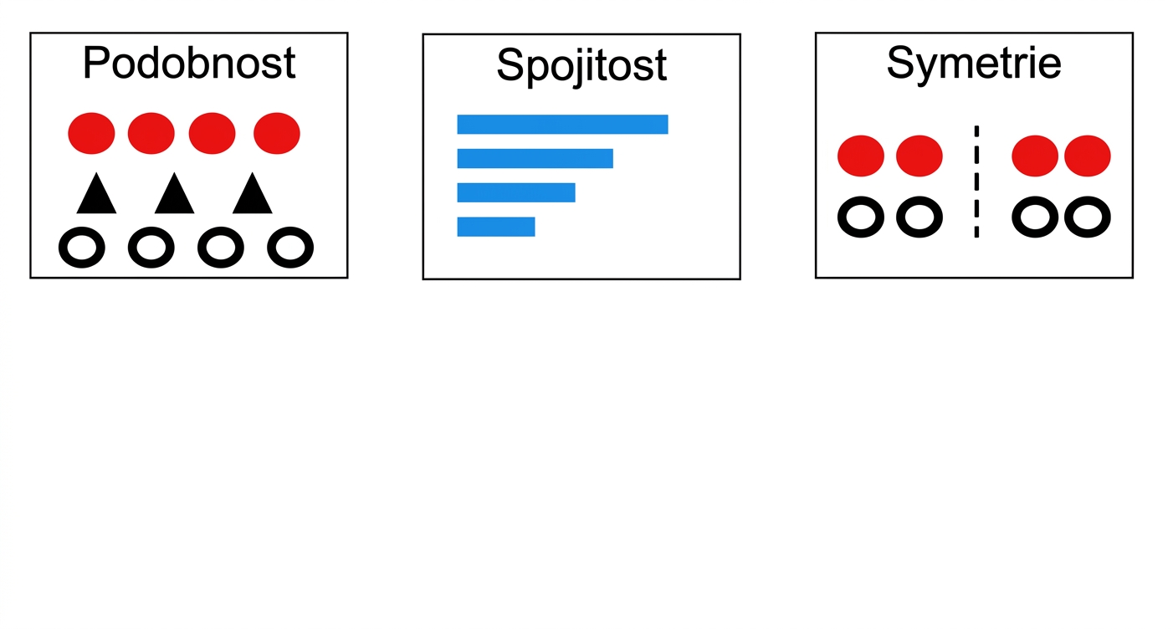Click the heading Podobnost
[x=189, y=63]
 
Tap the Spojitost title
[x=581, y=66]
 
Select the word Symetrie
[x=974, y=64]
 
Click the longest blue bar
[x=562, y=125]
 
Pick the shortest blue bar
[x=496, y=227]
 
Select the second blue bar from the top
[x=535, y=159]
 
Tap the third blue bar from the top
[x=516, y=192]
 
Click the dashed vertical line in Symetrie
[x=976, y=182]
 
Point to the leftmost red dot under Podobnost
[x=91, y=134]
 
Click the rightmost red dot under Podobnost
[x=276, y=134]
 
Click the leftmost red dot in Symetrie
[x=861, y=156]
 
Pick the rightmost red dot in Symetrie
[x=1087, y=156]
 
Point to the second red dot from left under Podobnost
[x=151, y=134]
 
